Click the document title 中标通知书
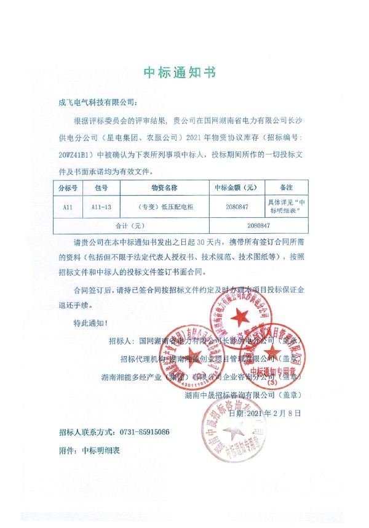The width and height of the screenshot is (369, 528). click(180, 73)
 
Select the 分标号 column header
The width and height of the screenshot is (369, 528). click(68, 186)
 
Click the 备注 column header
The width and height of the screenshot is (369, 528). click(285, 186)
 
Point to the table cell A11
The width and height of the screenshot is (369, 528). click(68, 208)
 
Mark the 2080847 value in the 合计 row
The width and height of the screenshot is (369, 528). click(258, 226)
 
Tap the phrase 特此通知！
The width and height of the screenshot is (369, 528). click(91, 322)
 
